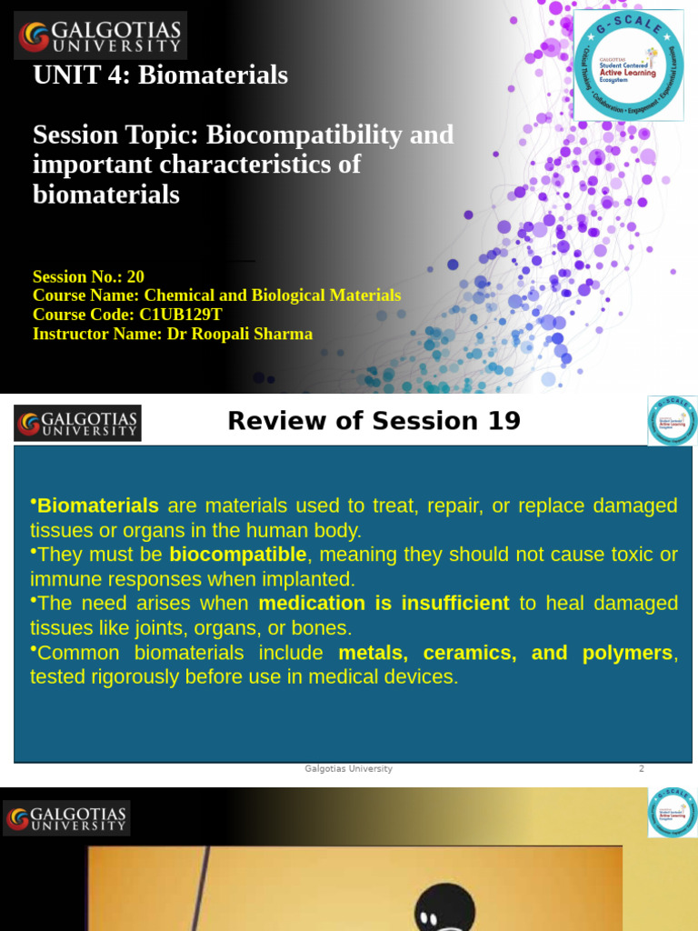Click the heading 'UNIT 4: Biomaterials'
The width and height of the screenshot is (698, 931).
point(160,75)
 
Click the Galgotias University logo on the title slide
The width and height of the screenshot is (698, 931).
point(101,35)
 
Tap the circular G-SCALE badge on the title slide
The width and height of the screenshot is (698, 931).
point(628,65)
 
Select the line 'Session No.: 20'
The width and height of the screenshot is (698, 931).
point(88,276)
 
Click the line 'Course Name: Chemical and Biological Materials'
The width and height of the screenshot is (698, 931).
point(216,295)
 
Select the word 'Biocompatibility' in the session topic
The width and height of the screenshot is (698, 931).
point(304,135)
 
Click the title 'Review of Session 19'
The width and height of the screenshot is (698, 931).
point(374,421)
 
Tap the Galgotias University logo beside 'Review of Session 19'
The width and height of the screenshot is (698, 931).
point(78,423)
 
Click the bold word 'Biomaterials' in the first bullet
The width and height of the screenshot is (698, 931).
point(97,506)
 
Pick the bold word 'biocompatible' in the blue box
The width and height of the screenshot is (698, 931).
point(238,555)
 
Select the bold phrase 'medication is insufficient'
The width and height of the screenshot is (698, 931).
point(384,604)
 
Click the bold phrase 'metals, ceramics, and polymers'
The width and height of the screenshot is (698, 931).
point(505,653)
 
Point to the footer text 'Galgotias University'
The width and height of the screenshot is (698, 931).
point(348,769)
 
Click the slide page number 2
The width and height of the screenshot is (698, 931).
point(641,769)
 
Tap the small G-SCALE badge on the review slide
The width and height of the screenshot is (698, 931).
point(672,421)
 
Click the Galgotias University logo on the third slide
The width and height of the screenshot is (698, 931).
point(67,817)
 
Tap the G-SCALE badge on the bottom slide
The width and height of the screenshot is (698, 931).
point(672,812)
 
